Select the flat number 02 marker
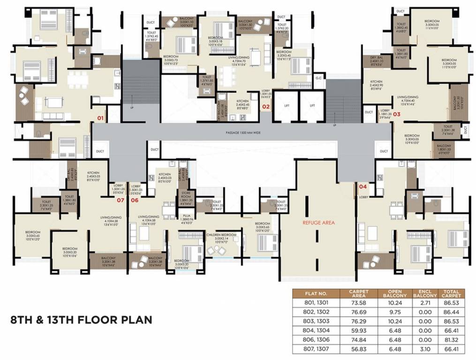(265, 106)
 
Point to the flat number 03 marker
(396, 113)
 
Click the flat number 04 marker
(363, 187)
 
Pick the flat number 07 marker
(120, 200)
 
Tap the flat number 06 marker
(135, 200)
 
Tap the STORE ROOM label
(186, 199)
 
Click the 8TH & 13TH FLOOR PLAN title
(81, 320)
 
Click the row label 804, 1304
(317, 330)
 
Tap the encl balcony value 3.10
(425, 349)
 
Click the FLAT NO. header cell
(317, 293)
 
